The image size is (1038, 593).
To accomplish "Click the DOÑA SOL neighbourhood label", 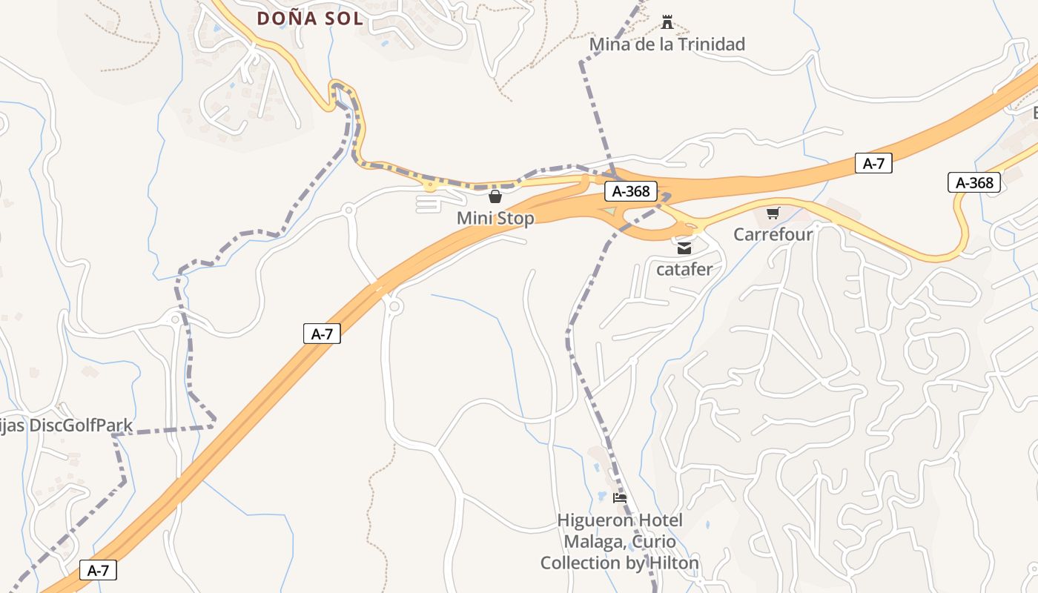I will point(310,19).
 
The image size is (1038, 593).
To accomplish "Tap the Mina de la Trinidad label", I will point(667,44).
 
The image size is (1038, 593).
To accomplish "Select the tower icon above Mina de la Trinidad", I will point(667,22).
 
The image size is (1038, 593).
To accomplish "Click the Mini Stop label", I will point(495,219).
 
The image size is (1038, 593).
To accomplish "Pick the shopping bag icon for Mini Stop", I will point(495,196).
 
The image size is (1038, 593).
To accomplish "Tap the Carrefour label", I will point(773,234).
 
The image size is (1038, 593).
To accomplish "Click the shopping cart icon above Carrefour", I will point(773,213).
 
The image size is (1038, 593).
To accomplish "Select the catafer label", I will point(684,269).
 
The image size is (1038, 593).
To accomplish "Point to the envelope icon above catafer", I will point(684,248).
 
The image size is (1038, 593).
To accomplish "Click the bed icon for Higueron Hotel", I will point(620,498).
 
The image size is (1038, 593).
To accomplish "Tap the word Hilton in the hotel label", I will point(674,563).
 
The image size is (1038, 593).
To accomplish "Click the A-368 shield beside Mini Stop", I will point(631,191).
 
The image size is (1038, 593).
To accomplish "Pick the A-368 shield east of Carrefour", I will point(974,182).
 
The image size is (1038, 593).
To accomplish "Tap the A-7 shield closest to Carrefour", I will point(873,164).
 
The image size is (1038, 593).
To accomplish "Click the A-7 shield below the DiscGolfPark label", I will point(99,570).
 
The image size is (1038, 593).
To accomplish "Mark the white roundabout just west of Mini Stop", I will point(348,211).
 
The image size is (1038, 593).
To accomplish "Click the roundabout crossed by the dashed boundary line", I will point(176,320).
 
